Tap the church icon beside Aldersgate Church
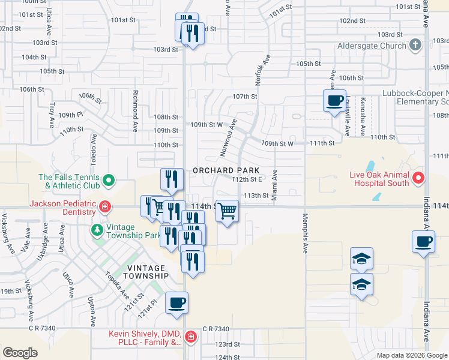click(x=415, y=46)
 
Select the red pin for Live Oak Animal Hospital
click(x=419, y=178)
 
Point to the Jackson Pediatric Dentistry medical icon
click(x=105, y=208)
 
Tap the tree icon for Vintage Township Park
click(x=97, y=229)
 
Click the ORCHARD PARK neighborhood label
click(x=226, y=170)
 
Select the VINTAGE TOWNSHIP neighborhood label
click(x=147, y=271)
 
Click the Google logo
click(x=20, y=352)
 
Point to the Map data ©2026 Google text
click(x=411, y=355)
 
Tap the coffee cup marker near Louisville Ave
click(x=335, y=100)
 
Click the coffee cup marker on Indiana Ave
click(x=423, y=242)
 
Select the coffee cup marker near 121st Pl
click(x=176, y=303)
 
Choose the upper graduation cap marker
click(x=361, y=259)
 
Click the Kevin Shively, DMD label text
click(x=144, y=334)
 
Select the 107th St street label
click(x=245, y=97)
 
